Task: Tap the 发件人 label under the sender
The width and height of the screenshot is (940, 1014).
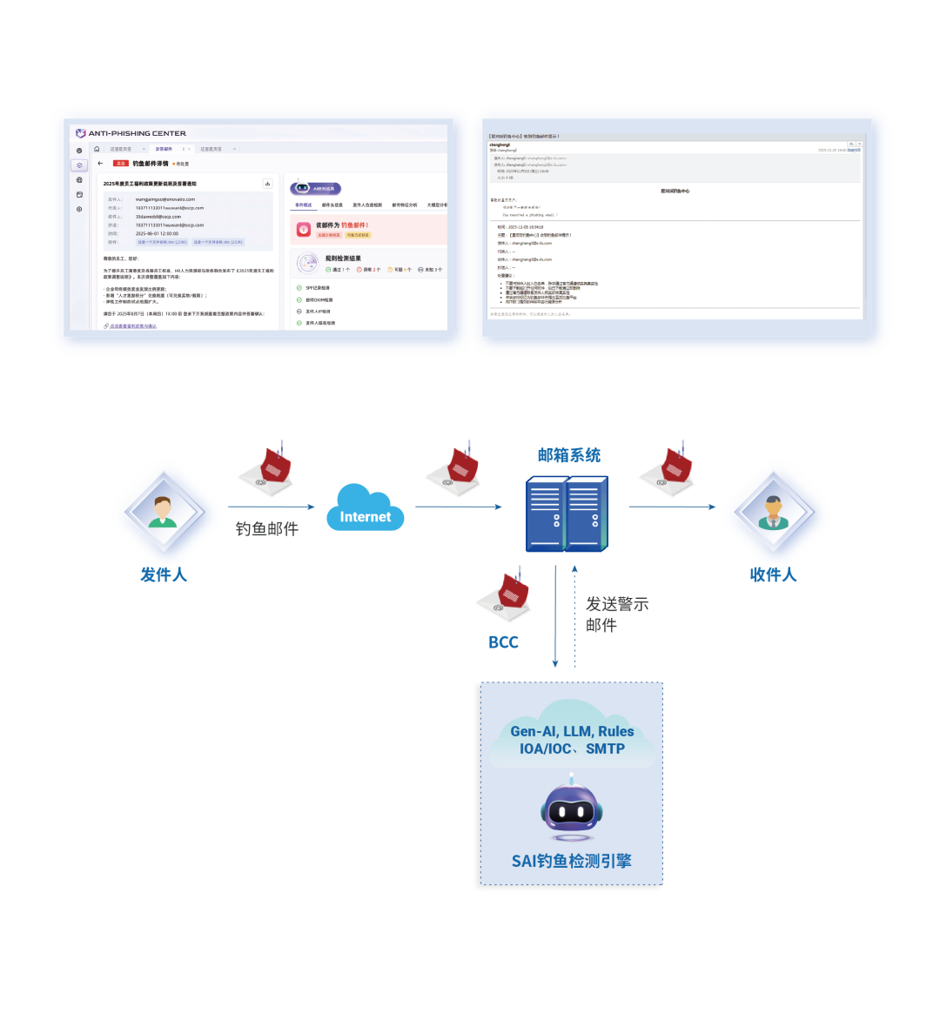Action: pyautogui.click(x=164, y=574)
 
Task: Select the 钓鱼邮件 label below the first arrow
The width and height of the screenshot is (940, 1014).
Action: pyautogui.click(x=266, y=528)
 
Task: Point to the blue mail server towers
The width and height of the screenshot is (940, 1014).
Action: pyautogui.click(x=567, y=514)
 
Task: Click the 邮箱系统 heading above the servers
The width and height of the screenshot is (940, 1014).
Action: pyautogui.click(x=569, y=455)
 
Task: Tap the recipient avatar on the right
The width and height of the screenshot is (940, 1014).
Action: pyautogui.click(x=772, y=512)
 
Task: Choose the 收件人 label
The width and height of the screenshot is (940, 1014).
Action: pyautogui.click(x=773, y=574)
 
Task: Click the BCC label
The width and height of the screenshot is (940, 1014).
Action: pyautogui.click(x=503, y=642)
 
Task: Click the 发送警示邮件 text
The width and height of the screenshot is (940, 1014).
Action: pyautogui.click(x=616, y=614)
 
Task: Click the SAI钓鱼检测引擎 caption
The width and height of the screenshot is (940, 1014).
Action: pyautogui.click(x=571, y=861)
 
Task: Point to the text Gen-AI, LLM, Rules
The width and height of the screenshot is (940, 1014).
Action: pyautogui.click(x=572, y=731)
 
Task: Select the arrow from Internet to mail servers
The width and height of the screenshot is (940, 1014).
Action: pyautogui.click(x=458, y=507)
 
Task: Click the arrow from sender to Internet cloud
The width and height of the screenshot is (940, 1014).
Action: pyautogui.click(x=272, y=507)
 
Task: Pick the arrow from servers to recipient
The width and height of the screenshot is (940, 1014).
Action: pyautogui.click(x=670, y=507)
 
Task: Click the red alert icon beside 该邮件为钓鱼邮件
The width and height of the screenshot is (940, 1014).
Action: pyautogui.click(x=303, y=229)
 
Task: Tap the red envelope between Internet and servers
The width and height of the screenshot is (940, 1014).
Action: pyautogui.click(x=454, y=468)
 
